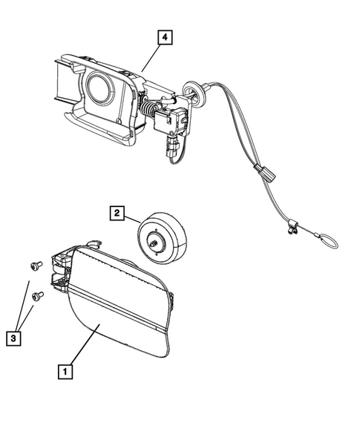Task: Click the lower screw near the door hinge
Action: [x=39, y=295]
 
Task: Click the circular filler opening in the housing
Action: [x=97, y=88]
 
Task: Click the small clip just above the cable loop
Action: [x=289, y=230]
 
